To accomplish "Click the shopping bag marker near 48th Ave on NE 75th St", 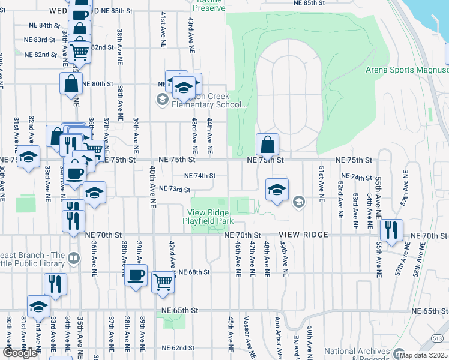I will (267, 145).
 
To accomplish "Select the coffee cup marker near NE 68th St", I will (136, 276).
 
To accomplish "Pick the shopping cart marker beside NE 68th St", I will (163, 282).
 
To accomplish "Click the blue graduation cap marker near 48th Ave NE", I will (277, 190).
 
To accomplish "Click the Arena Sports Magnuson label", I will (407, 70).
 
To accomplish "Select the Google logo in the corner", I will (20, 353).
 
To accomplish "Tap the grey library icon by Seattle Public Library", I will (74, 259).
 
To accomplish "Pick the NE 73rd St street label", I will (174, 190).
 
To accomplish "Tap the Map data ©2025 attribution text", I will (424, 355).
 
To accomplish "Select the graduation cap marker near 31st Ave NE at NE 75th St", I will (28, 158).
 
